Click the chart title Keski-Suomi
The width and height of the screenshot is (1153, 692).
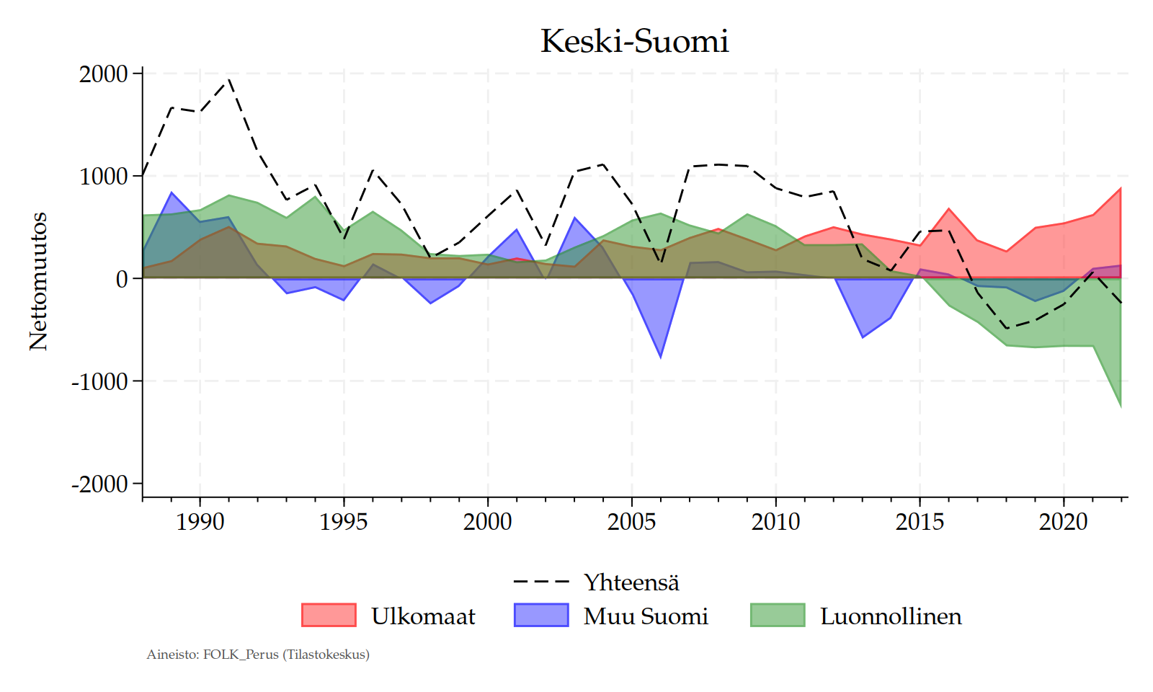pyautogui.click(x=634, y=41)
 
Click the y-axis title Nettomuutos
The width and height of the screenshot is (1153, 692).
pyautogui.click(x=38, y=281)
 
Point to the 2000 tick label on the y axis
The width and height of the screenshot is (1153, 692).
pyautogui.click(x=103, y=74)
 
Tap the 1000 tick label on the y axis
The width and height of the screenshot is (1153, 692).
pyautogui.click(x=103, y=176)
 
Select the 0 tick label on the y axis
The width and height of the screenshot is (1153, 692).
pyautogui.click(x=122, y=279)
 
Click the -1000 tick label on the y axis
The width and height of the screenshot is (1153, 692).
pyautogui.click(x=99, y=381)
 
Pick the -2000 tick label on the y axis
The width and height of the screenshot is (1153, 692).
pyautogui.click(x=99, y=484)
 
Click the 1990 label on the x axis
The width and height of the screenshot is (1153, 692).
pyautogui.click(x=200, y=521)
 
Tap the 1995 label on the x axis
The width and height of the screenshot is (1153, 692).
pyautogui.click(x=344, y=521)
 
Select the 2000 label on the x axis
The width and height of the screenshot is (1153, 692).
pyautogui.click(x=488, y=521)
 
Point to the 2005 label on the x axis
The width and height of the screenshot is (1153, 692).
pyautogui.click(x=632, y=521)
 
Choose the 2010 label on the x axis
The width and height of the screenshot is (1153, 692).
pyautogui.click(x=775, y=521)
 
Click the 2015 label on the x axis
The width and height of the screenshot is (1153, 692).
pyautogui.click(x=920, y=521)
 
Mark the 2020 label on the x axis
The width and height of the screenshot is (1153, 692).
pyautogui.click(x=1064, y=521)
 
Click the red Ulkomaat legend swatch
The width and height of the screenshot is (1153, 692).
pyautogui.click(x=329, y=616)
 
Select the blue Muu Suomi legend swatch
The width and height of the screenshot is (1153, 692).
pyautogui.click(x=541, y=616)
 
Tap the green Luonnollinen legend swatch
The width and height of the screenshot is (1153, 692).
pyautogui.click(x=778, y=616)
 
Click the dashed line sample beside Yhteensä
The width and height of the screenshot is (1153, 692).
pyautogui.click(x=541, y=582)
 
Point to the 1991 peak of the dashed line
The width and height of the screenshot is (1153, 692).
pyautogui.click(x=228, y=79)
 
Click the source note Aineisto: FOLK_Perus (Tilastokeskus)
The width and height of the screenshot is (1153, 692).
pyautogui.click(x=258, y=655)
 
